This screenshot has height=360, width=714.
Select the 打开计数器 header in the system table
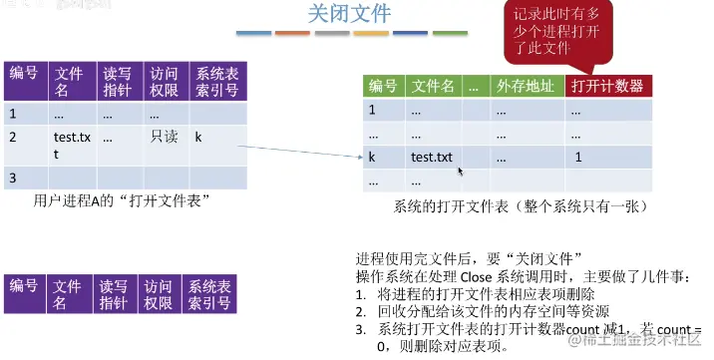click(607, 86)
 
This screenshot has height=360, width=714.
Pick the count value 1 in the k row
click(578, 158)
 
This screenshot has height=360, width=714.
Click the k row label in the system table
click(372, 158)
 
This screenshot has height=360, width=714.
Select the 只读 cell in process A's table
click(164, 136)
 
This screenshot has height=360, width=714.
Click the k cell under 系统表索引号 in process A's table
click(198, 136)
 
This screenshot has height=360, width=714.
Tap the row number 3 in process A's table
click(13, 178)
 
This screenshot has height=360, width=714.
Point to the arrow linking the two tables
click(299, 149)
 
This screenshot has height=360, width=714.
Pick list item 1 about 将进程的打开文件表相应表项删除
click(484, 294)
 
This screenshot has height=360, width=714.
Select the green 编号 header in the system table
click(382, 86)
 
